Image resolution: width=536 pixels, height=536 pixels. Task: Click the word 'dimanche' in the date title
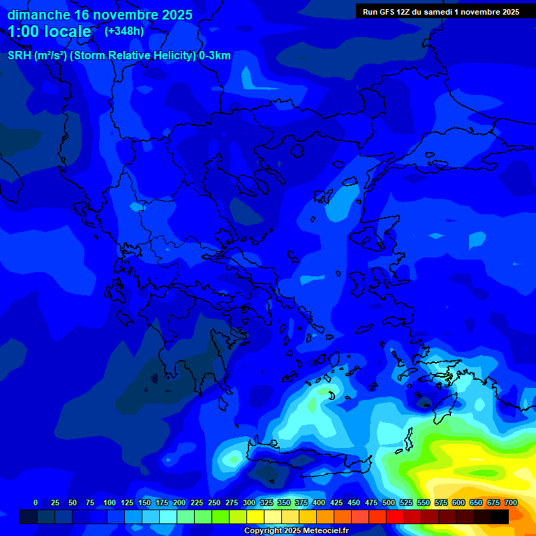(38, 15)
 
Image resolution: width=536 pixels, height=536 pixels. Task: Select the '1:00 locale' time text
(50, 31)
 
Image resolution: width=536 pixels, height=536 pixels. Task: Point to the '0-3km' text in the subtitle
(214, 56)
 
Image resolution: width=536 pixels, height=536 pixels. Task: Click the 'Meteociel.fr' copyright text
(320, 531)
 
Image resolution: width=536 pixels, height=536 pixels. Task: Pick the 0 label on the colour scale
(36, 502)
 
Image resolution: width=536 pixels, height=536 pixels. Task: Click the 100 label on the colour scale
(110, 502)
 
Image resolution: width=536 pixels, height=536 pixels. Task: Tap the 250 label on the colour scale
(214, 502)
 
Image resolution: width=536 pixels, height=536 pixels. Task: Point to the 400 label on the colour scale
(319, 502)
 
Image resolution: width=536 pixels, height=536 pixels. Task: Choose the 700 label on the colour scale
(511, 502)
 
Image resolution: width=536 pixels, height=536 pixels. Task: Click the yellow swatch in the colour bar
(255, 516)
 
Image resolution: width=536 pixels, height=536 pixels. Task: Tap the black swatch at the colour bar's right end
(500, 516)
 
